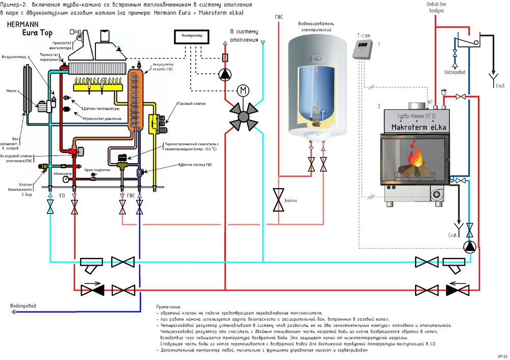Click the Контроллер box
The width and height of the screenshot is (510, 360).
pos(192,36)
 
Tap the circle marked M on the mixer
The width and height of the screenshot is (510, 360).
pos(243,91)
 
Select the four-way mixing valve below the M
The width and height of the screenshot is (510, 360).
pos(243,117)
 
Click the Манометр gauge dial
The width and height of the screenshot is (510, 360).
pos(66,179)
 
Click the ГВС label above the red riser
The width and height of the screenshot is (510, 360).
pos(278,17)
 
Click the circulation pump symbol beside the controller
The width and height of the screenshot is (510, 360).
pos(225,74)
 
